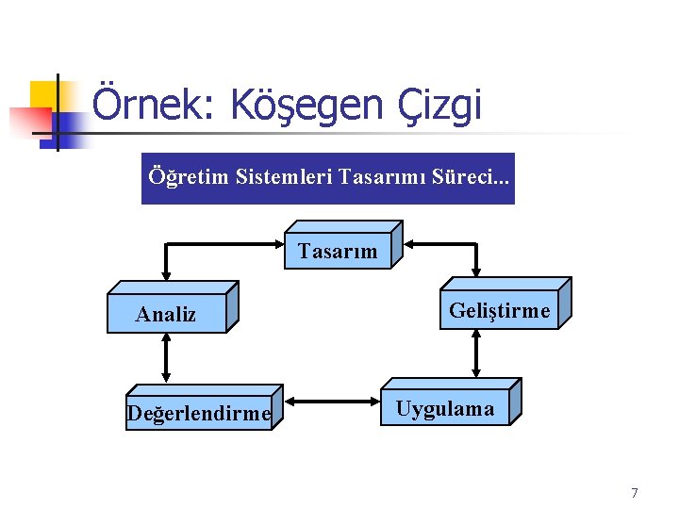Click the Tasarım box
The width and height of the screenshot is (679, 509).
(338, 251)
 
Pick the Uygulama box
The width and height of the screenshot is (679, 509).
(444, 408)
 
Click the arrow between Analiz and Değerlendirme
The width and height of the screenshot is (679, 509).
(167, 358)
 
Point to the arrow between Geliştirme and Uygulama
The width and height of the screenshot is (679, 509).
(475, 353)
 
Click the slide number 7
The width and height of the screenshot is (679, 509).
(634, 492)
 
